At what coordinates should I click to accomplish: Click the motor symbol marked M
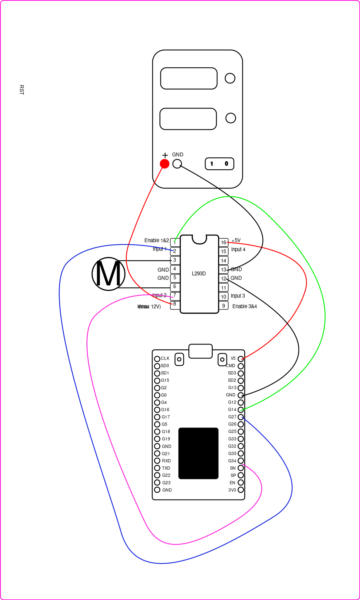tap(108, 274)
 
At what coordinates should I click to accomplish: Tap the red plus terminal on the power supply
tap(165, 164)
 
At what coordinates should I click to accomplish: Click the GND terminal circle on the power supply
tap(177, 164)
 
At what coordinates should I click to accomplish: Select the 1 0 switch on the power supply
tap(219, 164)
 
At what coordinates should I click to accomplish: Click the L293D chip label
tap(199, 274)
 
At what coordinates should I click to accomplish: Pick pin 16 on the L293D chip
tap(223, 242)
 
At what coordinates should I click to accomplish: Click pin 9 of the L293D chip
tap(223, 306)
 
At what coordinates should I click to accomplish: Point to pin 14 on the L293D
tap(223, 260)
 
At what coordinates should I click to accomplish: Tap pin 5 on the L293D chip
tap(175, 277)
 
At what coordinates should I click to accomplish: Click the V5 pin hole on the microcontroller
tap(241, 359)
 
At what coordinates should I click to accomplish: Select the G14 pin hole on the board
tap(241, 410)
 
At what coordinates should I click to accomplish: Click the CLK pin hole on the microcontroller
tap(157, 359)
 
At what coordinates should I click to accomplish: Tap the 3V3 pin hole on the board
tap(241, 490)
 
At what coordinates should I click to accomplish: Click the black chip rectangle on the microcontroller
tap(198, 453)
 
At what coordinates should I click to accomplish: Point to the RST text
tap(21, 90)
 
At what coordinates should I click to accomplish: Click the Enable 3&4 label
tap(245, 306)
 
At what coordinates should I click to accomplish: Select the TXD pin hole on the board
tap(157, 468)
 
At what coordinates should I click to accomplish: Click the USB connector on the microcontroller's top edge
tap(200, 351)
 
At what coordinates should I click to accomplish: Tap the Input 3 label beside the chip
tap(238, 296)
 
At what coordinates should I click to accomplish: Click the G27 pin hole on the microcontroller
tap(241, 417)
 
